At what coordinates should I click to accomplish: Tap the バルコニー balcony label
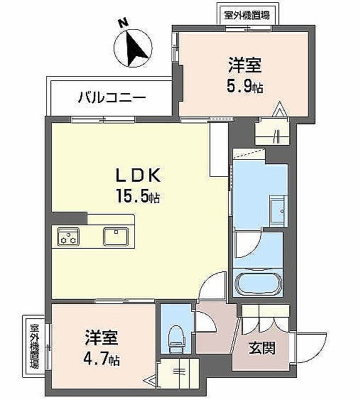(x=111, y=97)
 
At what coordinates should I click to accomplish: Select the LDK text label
(x=138, y=175)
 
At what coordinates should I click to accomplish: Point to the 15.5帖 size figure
(x=138, y=196)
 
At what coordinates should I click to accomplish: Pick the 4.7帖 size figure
(x=101, y=358)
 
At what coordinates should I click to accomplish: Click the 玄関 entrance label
(x=262, y=347)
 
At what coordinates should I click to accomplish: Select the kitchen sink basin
(x=115, y=236)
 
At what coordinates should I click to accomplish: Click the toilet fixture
(x=176, y=336)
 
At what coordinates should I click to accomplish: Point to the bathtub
(x=258, y=283)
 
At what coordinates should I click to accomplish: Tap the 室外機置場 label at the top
(x=246, y=15)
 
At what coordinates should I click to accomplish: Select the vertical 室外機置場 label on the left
(x=34, y=346)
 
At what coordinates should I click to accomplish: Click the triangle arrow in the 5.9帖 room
(x=279, y=109)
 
